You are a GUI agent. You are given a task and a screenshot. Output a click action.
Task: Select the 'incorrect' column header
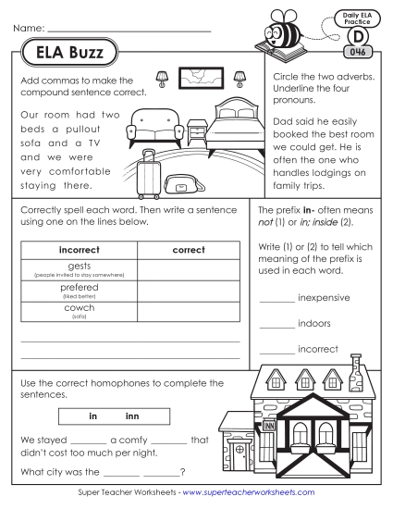79,250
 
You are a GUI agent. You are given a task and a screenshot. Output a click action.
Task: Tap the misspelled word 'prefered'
79,288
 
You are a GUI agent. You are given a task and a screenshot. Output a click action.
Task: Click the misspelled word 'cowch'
79,308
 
